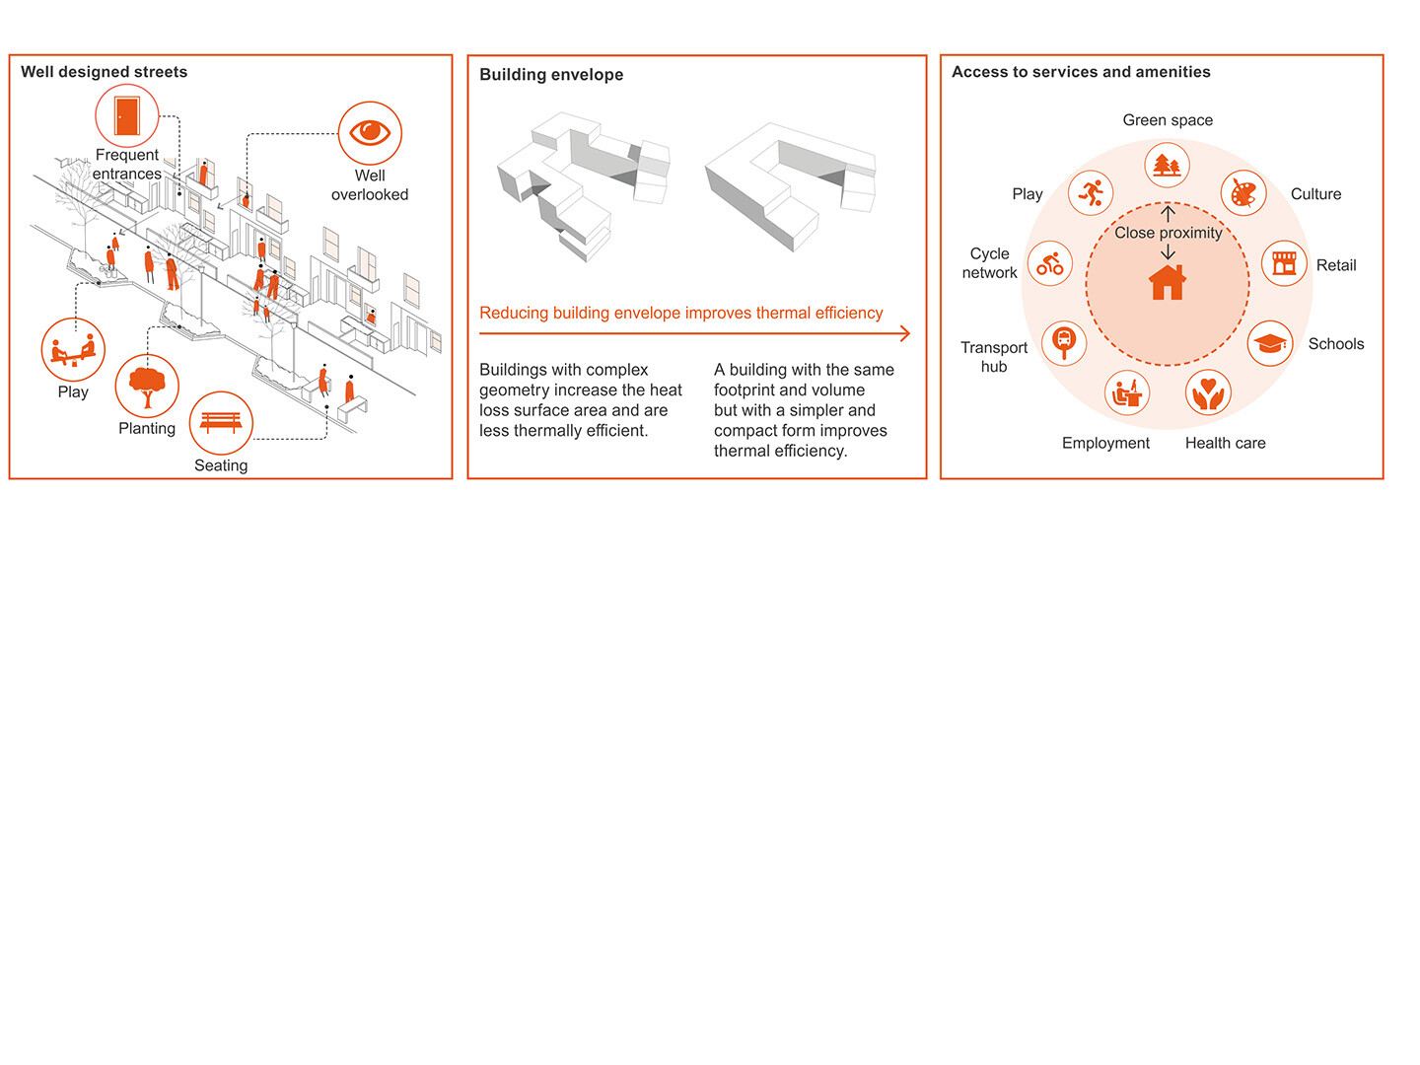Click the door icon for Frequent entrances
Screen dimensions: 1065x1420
click(126, 115)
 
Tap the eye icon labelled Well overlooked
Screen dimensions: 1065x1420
click(370, 132)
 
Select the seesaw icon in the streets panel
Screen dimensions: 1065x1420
click(73, 350)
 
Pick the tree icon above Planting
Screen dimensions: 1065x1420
click(147, 387)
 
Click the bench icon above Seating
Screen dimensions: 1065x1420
click(221, 423)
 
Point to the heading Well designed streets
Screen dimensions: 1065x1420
click(104, 72)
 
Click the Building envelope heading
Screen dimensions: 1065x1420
click(551, 75)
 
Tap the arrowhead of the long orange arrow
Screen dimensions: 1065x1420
click(904, 333)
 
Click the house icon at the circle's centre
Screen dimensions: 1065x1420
click(1168, 282)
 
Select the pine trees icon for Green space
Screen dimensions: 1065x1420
click(1168, 165)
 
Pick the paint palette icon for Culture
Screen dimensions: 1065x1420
click(1243, 193)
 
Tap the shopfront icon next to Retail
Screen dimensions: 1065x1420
click(1284, 263)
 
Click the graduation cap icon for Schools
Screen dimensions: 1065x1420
click(1270, 343)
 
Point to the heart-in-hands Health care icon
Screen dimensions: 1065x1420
click(1208, 392)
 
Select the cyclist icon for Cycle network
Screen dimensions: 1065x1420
click(1049, 263)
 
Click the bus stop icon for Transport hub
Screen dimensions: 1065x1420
click(1063, 342)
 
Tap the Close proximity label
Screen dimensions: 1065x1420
click(1168, 233)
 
